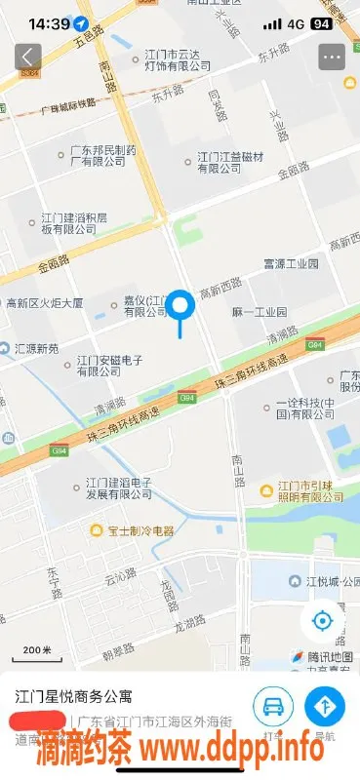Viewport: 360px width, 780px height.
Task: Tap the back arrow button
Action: pyautogui.click(x=27, y=57)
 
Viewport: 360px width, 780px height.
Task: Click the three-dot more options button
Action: pyautogui.click(x=333, y=57)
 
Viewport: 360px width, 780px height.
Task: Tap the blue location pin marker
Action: pyautogui.click(x=180, y=308)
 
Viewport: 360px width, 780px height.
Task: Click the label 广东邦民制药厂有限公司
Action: pyautogui.click(x=97, y=156)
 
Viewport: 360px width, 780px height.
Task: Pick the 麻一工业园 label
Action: pyautogui.click(x=260, y=313)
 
